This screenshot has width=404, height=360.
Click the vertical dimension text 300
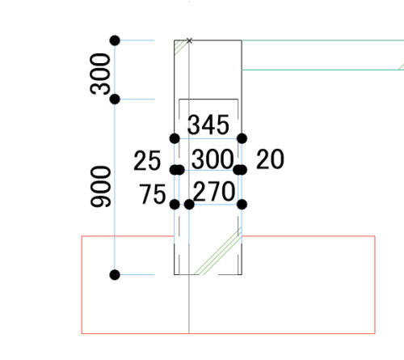tap(100, 74)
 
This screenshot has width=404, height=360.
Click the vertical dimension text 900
tap(100, 187)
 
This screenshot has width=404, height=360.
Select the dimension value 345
tap(208, 125)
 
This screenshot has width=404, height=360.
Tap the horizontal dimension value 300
tap(213, 159)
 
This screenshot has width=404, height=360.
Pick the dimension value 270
tap(214, 192)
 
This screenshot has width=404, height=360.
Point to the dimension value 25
tap(147, 161)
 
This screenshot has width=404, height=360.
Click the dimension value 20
tap(270, 159)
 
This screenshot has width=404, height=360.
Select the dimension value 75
tap(153, 194)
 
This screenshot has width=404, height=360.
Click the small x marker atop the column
tap(189, 40)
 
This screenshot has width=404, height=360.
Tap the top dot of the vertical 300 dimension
tap(115, 40)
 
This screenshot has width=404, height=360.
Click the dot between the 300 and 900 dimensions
tap(115, 100)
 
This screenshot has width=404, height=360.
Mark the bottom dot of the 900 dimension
tap(115, 275)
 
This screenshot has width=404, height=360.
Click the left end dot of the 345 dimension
tap(175, 138)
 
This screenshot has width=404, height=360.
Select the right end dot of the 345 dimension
tap(242, 138)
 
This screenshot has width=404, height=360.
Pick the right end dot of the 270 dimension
tap(242, 205)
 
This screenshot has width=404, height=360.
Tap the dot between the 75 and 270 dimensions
tap(189, 205)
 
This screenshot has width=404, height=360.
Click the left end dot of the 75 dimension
tap(175, 205)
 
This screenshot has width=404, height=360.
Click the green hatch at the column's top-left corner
tap(179, 46)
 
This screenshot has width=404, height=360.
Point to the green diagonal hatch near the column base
tap(218, 251)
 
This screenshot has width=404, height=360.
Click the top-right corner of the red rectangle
tap(375, 236)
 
